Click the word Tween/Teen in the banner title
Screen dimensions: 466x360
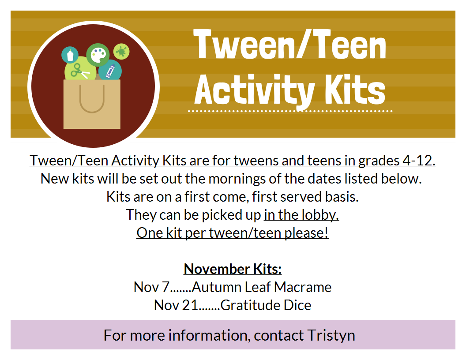(x=289, y=45)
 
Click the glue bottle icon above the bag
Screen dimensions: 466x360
(x=70, y=55)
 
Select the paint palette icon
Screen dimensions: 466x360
(x=98, y=55)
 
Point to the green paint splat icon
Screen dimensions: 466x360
(x=121, y=51)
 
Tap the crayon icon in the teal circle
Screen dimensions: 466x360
(x=110, y=71)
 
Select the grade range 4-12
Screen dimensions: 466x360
(x=419, y=161)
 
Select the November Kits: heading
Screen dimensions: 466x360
(x=233, y=269)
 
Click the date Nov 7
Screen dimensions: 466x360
(x=151, y=287)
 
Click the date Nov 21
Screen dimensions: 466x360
(x=176, y=305)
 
